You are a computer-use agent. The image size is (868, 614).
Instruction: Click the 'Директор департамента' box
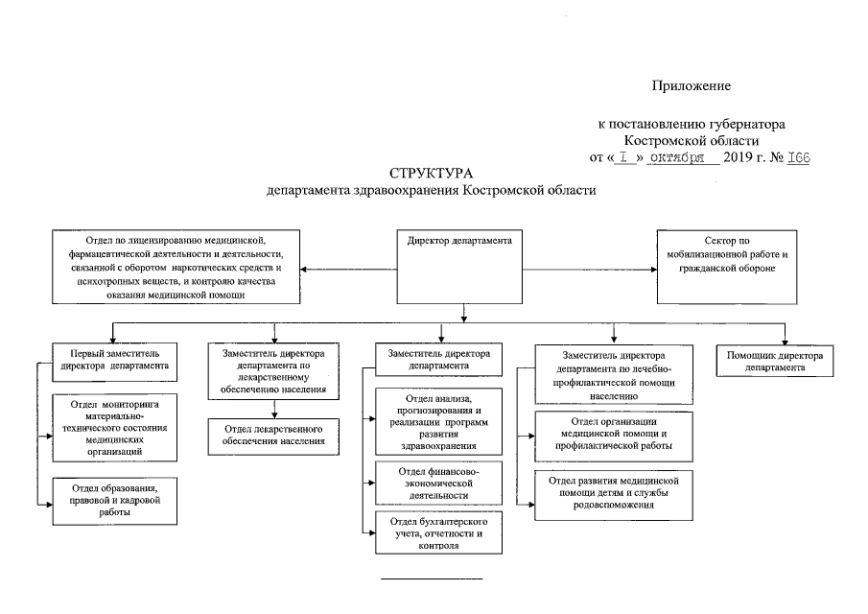pyautogui.click(x=459, y=267)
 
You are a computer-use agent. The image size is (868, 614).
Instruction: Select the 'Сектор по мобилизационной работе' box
pyautogui.click(x=727, y=267)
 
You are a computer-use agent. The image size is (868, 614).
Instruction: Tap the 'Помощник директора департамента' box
pyautogui.click(x=774, y=361)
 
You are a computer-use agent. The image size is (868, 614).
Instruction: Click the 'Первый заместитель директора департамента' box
pyautogui.click(x=114, y=362)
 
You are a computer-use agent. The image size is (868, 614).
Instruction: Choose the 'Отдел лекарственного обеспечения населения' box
pyautogui.click(x=273, y=437)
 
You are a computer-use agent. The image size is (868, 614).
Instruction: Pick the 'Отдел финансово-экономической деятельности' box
pyautogui.click(x=438, y=484)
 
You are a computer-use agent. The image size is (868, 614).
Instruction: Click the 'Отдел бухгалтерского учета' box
pyautogui.click(x=438, y=532)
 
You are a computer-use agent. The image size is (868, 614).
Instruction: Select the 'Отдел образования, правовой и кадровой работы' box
pyautogui.click(x=114, y=501)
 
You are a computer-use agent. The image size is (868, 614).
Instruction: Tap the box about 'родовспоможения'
pyautogui.click(x=614, y=496)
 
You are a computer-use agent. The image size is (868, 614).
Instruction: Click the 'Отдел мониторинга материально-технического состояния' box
pyautogui.click(x=114, y=428)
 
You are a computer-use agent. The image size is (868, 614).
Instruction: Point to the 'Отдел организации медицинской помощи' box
pyautogui.click(x=614, y=437)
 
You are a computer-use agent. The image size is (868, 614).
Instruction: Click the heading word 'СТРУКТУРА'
pyautogui.click(x=431, y=174)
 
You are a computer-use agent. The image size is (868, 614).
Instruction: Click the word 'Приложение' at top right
pyautogui.click(x=691, y=85)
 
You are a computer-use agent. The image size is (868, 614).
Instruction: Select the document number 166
pyautogui.click(x=798, y=157)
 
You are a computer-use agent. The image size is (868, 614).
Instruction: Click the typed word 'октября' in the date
pyautogui.click(x=676, y=157)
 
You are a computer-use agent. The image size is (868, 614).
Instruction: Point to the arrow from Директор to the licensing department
pyautogui.click(x=349, y=270)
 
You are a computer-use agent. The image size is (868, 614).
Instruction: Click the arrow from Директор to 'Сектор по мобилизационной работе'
pyautogui.click(x=590, y=270)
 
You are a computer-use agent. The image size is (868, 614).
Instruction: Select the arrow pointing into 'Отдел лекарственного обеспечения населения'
pyautogui.click(x=274, y=409)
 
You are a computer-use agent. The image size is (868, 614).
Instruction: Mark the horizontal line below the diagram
pyautogui.click(x=432, y=579)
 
